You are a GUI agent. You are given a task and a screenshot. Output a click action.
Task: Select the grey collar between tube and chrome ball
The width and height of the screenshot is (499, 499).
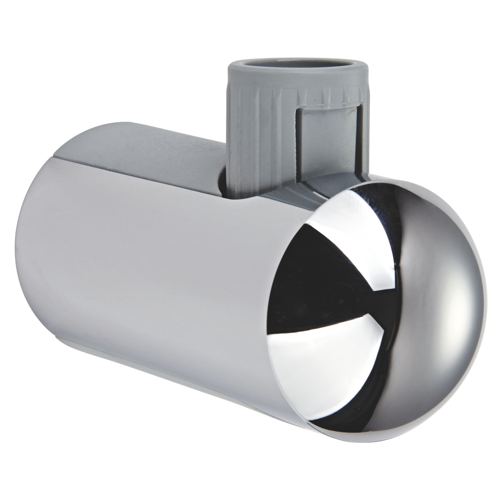coord(312,187)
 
